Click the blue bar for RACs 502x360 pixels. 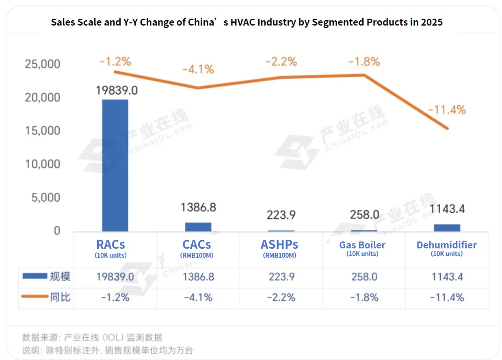tap(115, 166)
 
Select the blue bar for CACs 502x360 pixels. tap(198, 227)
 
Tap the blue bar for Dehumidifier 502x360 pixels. tap(447, 228)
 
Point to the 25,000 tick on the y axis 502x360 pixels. tap(42, 64)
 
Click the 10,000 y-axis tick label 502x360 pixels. tap(42, 164)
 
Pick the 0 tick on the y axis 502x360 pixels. tap(57, 231)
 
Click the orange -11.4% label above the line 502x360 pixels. tap(447, 110)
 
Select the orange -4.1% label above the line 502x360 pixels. tap(198, 69)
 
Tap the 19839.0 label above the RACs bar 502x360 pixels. tap(117, 90)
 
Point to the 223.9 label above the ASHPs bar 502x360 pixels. tap(281, 214)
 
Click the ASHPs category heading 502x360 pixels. tap(279, 245)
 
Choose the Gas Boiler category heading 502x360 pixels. tap(362, 245)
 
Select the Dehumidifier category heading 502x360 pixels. tap(446, 245)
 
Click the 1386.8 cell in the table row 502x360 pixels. tap(198, 277)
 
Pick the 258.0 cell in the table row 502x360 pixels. tap(364, 277)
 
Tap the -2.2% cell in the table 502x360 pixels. tap(281, 297)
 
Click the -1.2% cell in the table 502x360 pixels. tap(115, 297)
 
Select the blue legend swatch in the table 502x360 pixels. tap(35, 276)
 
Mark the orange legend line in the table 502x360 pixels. tap(35, 297)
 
